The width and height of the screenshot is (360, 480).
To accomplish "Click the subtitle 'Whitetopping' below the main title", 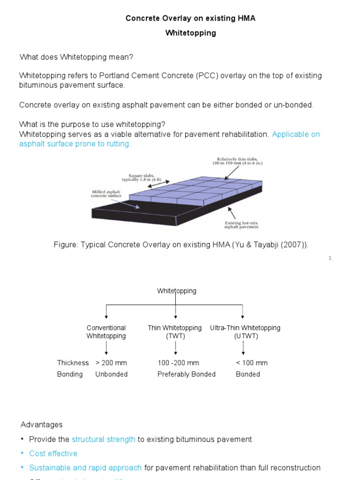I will (x=191, y=33).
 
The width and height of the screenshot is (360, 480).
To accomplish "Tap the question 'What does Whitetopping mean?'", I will (x=76, y=57).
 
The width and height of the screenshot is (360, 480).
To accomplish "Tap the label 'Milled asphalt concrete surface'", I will (x=106, y=194).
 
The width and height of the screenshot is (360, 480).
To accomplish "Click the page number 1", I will (x=330, y=258).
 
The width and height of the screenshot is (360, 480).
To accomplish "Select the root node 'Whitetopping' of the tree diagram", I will (x=176, y=291).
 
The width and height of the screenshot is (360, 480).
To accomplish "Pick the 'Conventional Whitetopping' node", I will (x=106, y=332).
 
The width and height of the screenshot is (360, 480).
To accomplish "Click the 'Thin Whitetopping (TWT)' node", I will (x=175, y=332).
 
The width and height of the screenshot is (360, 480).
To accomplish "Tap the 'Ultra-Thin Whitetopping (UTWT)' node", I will (x=245, y=332).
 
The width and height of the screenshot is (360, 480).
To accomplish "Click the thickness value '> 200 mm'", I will (x=111, y=363).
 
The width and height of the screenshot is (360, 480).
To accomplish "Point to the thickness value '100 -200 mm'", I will (x=178, y=363).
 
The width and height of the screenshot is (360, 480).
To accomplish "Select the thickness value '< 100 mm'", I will (x=252, y=363).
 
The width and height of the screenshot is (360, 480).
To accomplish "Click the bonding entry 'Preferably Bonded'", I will (x=187, y=374).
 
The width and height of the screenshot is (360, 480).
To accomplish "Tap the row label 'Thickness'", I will (x=73, y=363).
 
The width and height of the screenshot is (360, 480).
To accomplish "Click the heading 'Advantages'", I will (x=41, y=425).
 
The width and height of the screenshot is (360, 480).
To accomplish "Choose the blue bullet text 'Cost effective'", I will (x=53, y=454).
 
